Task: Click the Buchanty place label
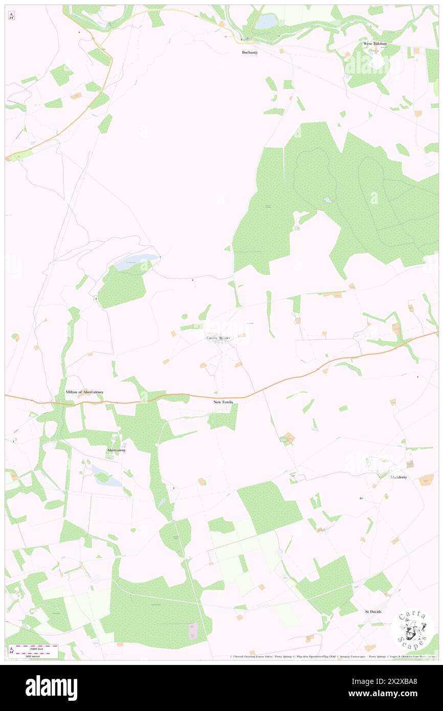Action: tap(250, 52)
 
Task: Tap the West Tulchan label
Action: tap(374, 44)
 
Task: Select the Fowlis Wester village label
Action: tap(218, 338)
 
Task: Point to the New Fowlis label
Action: tap(223, 403)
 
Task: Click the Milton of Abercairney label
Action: tap(84, 392)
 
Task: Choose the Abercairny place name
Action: tap(116, 450)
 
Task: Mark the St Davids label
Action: tap(373, 612)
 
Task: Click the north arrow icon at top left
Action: tap(11, 16)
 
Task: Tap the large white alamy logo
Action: tap(51, 687)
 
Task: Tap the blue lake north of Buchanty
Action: tap(267, 21)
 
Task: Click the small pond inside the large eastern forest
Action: tap(328, 201)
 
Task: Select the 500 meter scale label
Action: tap(34, 656)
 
